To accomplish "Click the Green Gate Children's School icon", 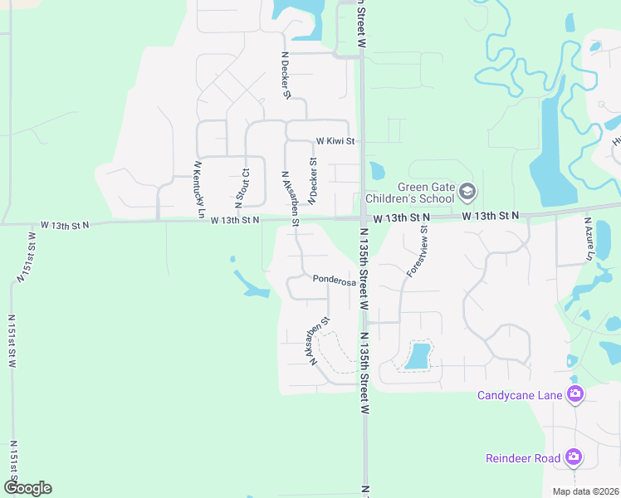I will (467, 193).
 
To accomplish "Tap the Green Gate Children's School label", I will (427, 193).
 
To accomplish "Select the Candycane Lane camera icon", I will (574, 394).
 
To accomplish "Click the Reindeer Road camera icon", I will (573, 457).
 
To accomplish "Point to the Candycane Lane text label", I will (520, 395).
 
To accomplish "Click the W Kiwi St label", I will (334, 142).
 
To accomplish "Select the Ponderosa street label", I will (334, 281).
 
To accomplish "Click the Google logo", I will (27, 488).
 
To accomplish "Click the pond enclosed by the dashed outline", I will (418, 356).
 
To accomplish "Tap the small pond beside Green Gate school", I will (377, 172).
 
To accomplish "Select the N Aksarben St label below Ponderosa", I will (320, 340).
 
